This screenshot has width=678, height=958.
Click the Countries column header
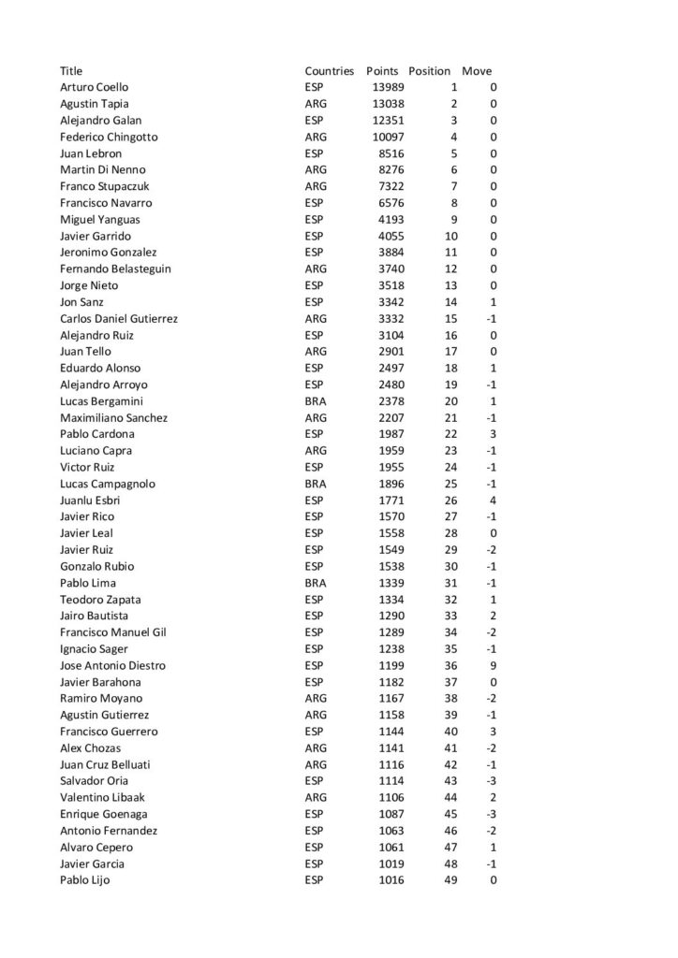pos(329,71)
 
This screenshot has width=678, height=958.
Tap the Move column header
pos(477,71)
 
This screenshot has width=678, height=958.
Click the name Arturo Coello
pos(94,87)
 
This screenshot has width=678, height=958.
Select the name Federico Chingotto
pos(109,137)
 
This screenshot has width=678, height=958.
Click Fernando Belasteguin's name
pos(115,269)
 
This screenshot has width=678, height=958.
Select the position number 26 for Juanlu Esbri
pos(450,500)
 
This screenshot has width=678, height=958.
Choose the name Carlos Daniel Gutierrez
pos(119,318)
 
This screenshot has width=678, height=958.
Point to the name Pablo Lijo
pos(84,880)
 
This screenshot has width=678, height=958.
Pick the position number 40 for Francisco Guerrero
pos(450,732)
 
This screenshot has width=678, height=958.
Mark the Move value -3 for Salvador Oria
pos(490,781)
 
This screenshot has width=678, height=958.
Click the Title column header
pos(71,71)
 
